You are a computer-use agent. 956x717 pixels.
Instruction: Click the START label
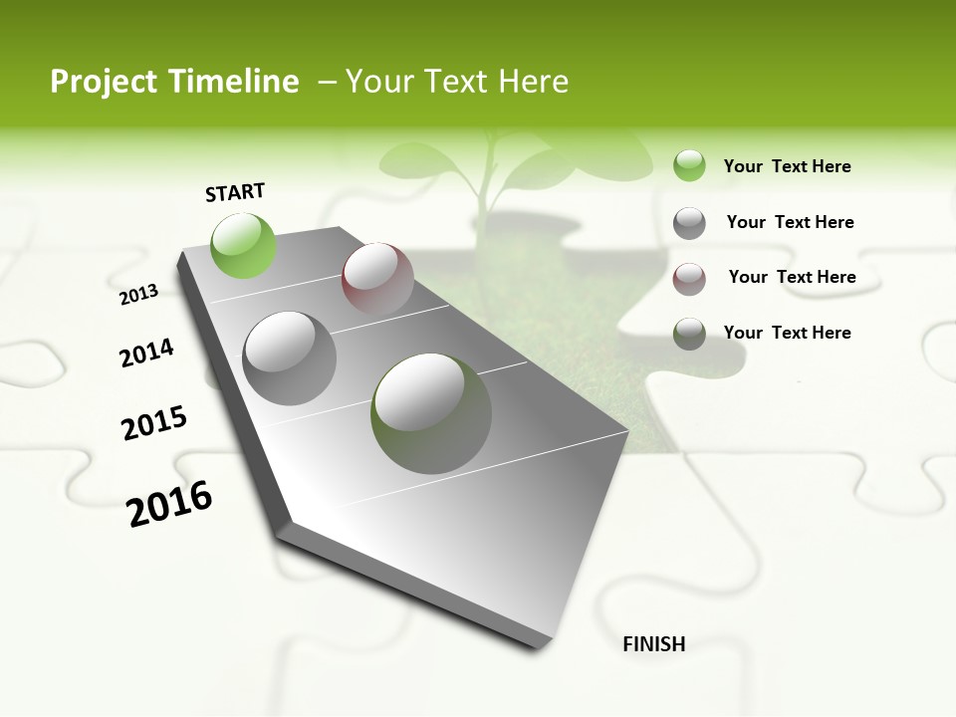[x=235, y=192]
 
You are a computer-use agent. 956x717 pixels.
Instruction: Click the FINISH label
[x=653, y=644]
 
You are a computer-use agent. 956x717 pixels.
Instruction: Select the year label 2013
[x=138, y=294]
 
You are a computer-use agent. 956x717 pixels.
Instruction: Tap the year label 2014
[x=146, y=354]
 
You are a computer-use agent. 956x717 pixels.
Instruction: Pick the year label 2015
[x=154, y=423]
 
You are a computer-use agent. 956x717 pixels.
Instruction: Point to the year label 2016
[x=169, y=504]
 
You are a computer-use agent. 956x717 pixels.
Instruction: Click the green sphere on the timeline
[x=244, y=245]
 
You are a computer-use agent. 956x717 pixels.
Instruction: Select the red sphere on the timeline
[x=377, y=279]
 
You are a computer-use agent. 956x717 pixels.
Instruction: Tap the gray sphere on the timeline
[x=290, y=358]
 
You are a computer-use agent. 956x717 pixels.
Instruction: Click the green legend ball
[x=689, y=166]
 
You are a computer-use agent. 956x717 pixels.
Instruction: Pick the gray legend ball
[x=689, y=223]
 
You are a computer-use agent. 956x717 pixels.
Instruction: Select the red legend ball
[x=689, y=279]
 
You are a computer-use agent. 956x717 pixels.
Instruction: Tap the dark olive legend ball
[x=689, y=334]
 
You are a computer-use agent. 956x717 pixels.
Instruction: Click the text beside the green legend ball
[x=787, y=166]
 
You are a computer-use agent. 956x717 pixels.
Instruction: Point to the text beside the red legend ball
[x=792, y=277]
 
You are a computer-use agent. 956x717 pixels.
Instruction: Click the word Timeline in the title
[x=234, y=82]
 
